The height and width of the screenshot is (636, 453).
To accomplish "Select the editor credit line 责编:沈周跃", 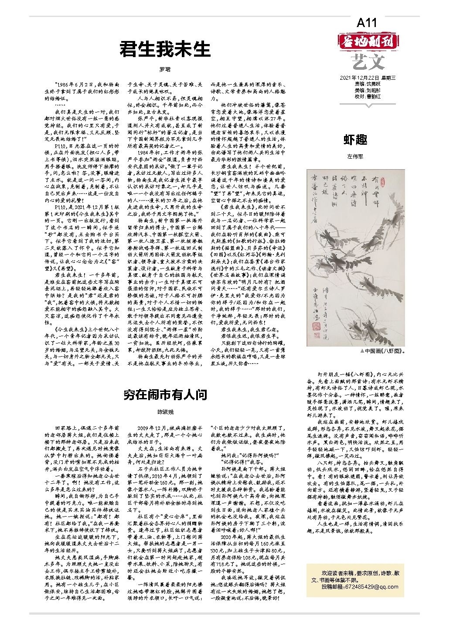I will [367, 84].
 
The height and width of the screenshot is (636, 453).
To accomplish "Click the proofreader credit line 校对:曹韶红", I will [367, 96].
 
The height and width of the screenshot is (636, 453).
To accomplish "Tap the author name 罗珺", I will [165, 70].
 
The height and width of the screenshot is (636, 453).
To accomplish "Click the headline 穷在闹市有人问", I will [165, 395].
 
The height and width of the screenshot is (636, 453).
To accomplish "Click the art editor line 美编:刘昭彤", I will [367, 90].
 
